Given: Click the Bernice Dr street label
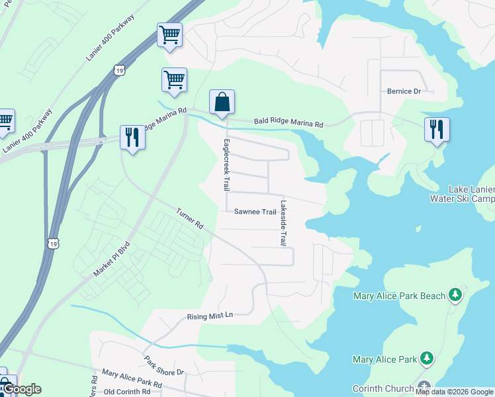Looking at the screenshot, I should (404, 91).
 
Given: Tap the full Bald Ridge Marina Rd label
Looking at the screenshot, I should (289, 124).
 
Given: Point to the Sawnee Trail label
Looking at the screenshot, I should (255, 212).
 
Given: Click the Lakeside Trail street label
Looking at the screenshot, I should (283, 223).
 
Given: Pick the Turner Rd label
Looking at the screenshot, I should (189, 219).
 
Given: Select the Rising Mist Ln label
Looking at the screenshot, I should (210, 316).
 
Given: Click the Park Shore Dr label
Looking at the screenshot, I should (165, 367).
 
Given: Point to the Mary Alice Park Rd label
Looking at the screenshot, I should (132, 378).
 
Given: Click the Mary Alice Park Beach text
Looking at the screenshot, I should (399, 296).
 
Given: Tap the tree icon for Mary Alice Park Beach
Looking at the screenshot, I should (455, 294).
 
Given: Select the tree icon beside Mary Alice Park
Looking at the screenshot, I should (427, 359).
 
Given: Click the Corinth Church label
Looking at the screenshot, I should (383, 388).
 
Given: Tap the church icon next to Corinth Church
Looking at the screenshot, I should (424, 387).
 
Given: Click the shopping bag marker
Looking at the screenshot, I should (222, 103).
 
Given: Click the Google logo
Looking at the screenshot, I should (22, 389).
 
